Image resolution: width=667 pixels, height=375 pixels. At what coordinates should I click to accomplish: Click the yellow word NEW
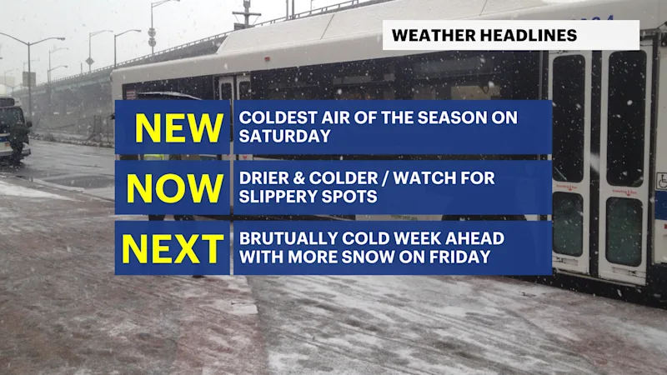(x=178, y=128)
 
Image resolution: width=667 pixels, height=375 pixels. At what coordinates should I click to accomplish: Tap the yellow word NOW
(x=175, y=188)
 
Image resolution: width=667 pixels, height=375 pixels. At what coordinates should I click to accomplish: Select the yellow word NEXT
(x=173, y=248)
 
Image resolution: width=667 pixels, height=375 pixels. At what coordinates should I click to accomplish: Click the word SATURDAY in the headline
(x=284, y=136)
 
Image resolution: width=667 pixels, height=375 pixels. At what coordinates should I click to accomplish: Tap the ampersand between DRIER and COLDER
(x=298, y=178)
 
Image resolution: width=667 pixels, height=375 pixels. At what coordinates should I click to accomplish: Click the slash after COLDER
(x=385, y=178)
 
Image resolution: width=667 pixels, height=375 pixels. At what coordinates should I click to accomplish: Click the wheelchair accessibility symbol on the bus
(x=661, y=181)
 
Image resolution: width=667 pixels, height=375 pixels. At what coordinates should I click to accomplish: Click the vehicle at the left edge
(x=14, y=130)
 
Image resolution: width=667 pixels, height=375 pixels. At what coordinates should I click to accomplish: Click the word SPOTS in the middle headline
(x=356, y=197)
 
